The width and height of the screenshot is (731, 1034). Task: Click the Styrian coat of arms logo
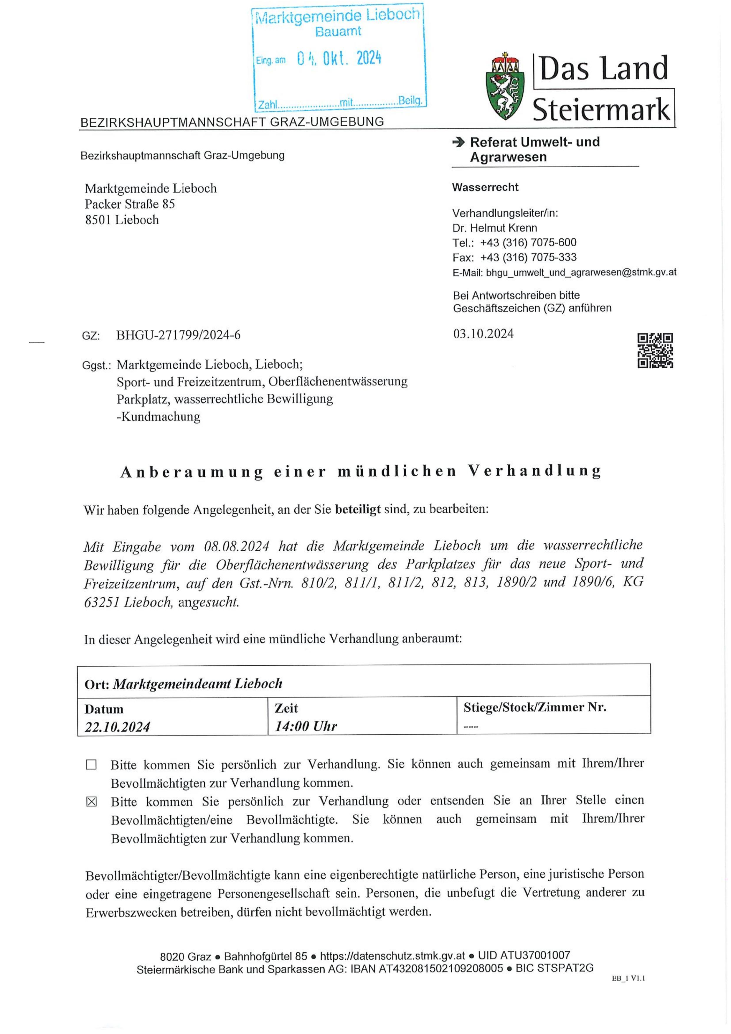[x=505, y=86]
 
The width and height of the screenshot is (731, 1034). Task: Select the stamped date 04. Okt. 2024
[x=339, y=59]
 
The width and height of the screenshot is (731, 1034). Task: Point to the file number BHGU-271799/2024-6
[x=178, y=335]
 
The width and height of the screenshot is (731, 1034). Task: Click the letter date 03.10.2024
[x=483, y=334]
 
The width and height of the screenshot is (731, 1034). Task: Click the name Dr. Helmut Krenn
[x=494, y=228]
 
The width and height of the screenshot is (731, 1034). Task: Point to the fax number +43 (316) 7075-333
[x=528, y=257]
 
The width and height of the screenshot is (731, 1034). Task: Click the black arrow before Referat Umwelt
[x=458, y=142]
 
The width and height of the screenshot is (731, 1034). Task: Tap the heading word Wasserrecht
[x=485, y=187]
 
